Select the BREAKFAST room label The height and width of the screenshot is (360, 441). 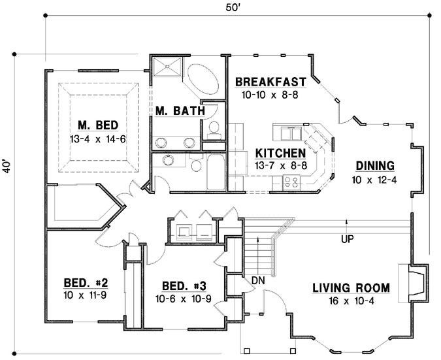pos(270,82)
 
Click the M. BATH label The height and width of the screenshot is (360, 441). pos(180,111)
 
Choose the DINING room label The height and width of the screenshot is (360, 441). pos(374,165)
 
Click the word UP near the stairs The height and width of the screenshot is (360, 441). pos(347,240)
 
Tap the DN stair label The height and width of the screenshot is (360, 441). pos(257,281)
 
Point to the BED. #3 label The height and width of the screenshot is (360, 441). pos(184,286)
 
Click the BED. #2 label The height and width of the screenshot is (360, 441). pos(86,283)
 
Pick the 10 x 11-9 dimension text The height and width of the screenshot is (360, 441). pos(86,295)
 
